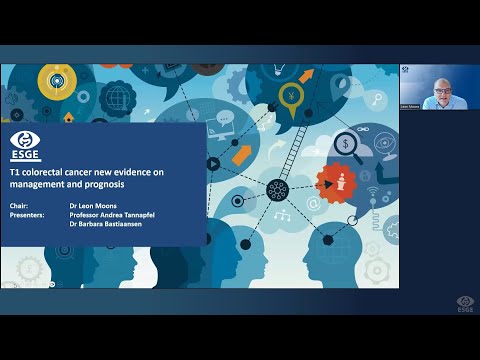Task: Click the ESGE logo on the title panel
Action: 26,147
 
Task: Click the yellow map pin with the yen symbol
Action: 291,98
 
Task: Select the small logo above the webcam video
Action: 405,70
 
